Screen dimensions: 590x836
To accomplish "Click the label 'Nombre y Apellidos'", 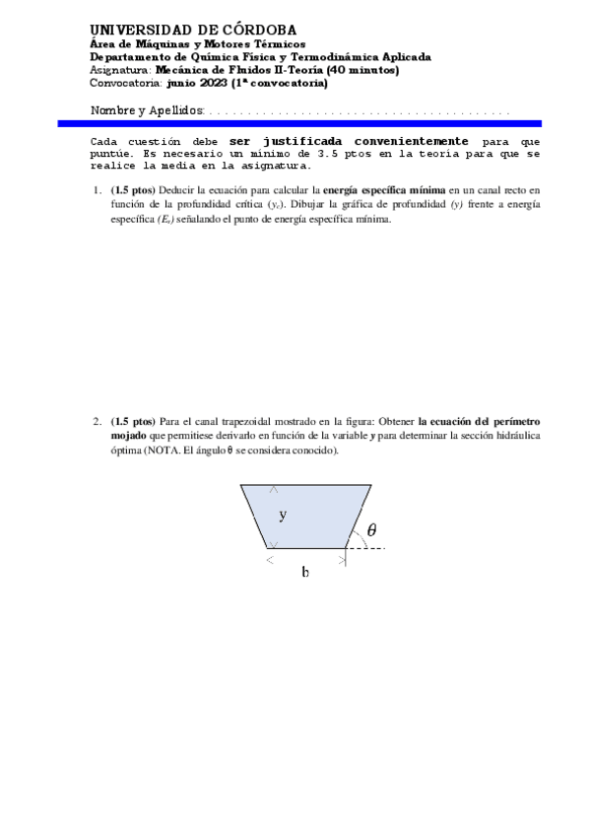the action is [147, 110].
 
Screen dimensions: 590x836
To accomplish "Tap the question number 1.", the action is [98, 189].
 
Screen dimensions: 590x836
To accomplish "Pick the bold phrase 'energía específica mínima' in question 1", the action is [384, 189].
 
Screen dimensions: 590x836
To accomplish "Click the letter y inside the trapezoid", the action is [283, 515].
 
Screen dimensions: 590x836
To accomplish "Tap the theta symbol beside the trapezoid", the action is [371, 530].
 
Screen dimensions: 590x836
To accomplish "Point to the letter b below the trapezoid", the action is [305, 572].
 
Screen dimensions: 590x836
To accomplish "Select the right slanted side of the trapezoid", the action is [359, 516].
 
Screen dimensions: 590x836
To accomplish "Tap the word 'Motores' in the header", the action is [200, 44].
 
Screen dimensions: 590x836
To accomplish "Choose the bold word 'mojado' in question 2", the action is [129, 436].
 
